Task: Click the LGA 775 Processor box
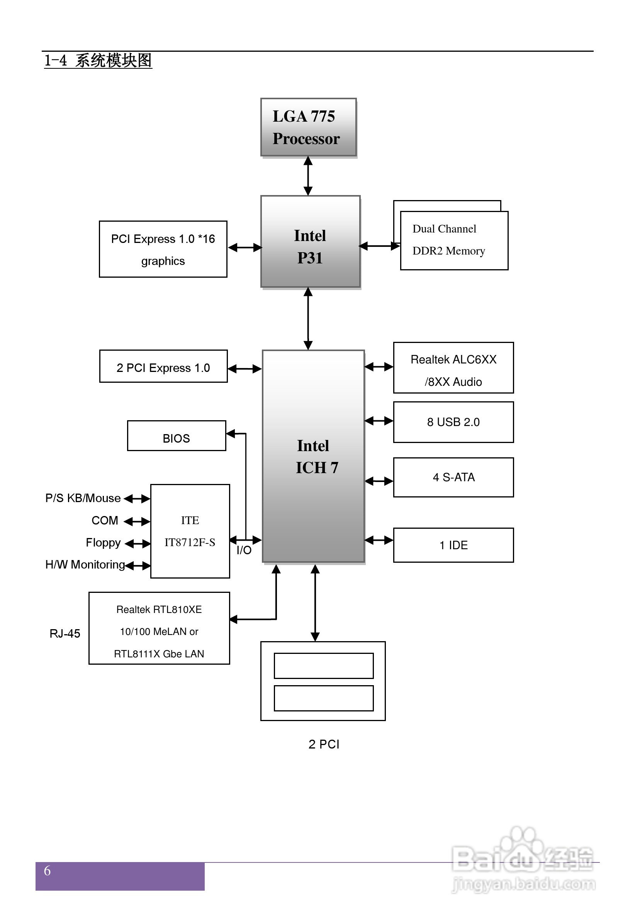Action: click(308, 127)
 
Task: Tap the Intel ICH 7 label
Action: click(316, 457)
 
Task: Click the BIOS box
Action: click(176, 436)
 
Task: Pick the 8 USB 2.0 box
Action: click(453, 422)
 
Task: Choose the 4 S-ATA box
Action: click(453, 477)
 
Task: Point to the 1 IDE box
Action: click(453, 545)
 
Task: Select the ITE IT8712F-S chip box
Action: click(190, 531)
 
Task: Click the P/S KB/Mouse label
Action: click(83, 498)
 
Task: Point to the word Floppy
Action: click(103, 543)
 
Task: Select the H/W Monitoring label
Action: click(85, 564)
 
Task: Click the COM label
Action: click(105, 520)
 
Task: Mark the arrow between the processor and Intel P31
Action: click(308, 176)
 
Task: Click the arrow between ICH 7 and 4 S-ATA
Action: click(379, 481)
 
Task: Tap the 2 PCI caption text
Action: click(324, 744)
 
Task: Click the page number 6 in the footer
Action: click(48, 871)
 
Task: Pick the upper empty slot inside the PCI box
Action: click(323, 665)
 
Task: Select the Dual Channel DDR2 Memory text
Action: click(448, 240)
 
